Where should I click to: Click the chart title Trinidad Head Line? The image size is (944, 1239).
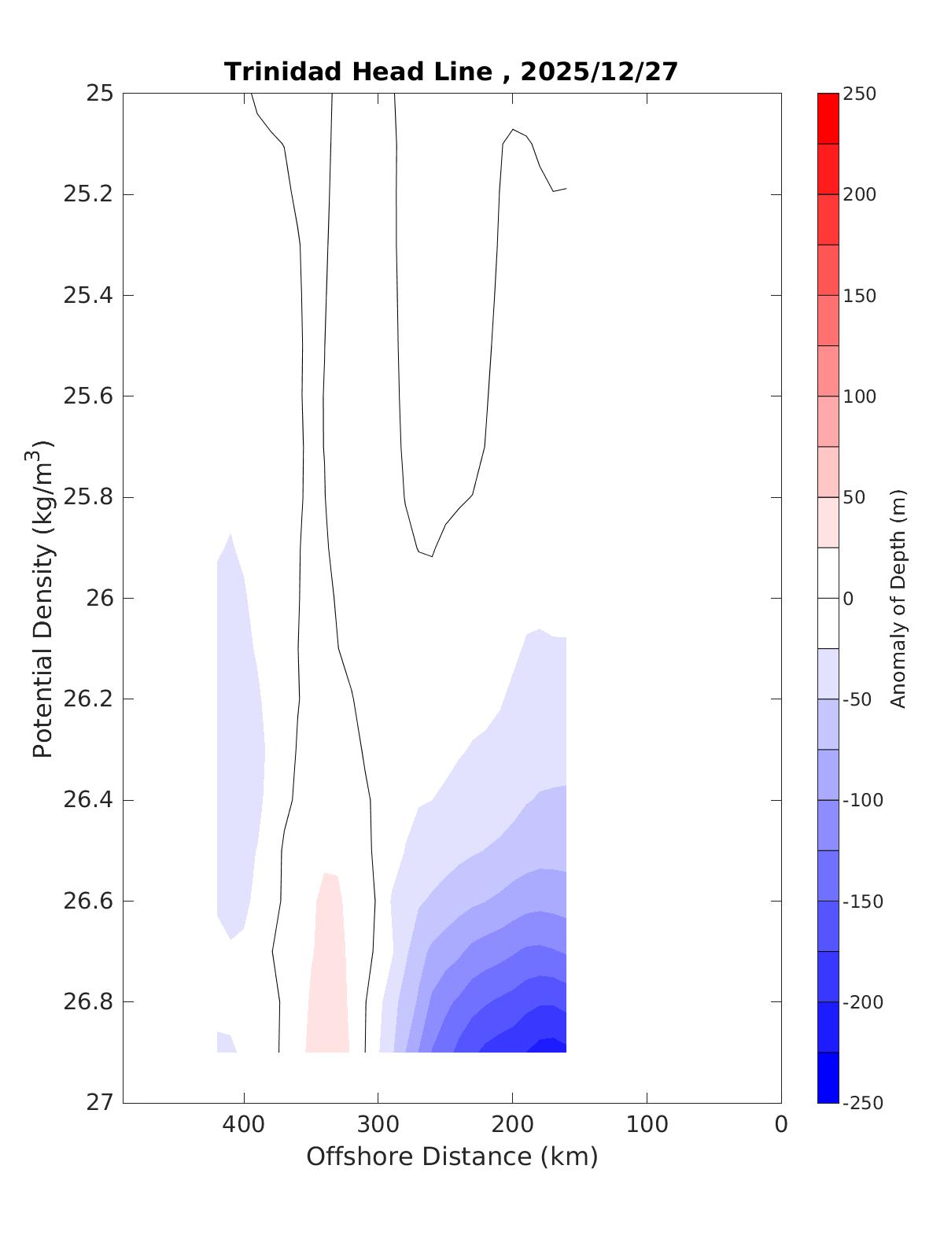(359, 72)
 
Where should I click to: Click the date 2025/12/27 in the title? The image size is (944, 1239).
(599, 72)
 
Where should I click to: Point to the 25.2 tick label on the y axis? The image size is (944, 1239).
(88, 194)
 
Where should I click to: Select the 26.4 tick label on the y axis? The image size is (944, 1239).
(88, 800)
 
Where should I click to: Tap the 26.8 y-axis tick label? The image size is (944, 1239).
(88, 1002)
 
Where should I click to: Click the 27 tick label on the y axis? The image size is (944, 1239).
(100, 1103)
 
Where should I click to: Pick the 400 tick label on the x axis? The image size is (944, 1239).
(244, 1125)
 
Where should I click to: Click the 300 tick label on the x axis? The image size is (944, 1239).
(378, 1125)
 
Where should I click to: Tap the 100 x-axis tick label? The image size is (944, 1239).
(647, 1125)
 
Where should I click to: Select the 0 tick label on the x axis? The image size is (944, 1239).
(780, 1125)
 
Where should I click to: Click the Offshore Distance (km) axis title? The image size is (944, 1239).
(452, 1156)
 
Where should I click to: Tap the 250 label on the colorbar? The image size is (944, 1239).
(859, 94)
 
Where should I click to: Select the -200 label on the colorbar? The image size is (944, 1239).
(862, 1002)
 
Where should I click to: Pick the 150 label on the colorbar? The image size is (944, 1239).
(859, 296)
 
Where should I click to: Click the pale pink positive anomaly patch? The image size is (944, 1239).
(327, 975)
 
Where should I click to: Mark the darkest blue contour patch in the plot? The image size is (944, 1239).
(551, 1045)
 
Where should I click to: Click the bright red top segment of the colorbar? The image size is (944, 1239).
(828, 118)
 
